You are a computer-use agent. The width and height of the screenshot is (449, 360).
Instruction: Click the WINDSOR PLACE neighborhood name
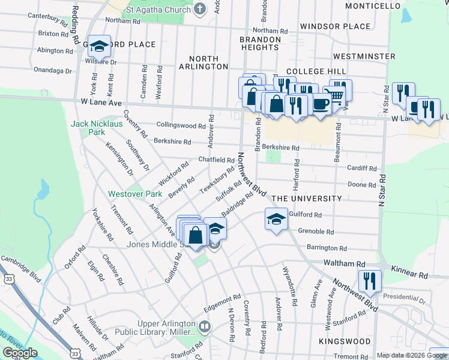point(336,26)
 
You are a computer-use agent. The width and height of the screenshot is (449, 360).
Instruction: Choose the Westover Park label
point(131,194)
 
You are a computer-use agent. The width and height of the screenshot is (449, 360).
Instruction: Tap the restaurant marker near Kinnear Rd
point(369,281)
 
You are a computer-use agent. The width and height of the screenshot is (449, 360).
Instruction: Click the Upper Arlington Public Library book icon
point(205,327)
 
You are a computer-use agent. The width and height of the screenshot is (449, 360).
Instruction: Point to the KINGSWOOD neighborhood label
point(345,341)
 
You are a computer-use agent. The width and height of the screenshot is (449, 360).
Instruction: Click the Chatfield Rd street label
point(217,160)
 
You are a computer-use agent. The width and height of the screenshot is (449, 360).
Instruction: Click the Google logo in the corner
point(20,353)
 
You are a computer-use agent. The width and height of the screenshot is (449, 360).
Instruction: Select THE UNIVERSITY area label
point(307,199)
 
